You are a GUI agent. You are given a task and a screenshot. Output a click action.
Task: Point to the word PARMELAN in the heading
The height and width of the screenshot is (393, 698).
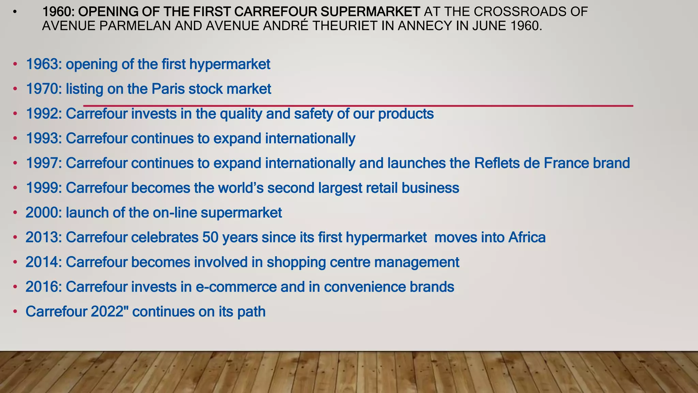(136, 26)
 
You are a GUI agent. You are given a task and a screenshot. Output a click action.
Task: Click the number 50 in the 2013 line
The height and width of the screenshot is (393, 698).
(210, 237)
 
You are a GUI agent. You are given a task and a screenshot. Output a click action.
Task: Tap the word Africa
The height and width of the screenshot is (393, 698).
(527, 237)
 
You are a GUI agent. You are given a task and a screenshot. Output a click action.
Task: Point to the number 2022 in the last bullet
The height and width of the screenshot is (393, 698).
(107, 311)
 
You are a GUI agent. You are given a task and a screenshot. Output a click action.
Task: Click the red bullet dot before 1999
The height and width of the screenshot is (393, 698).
(15, 188)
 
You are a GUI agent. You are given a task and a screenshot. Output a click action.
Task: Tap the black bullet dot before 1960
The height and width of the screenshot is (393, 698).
(14, 13)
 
